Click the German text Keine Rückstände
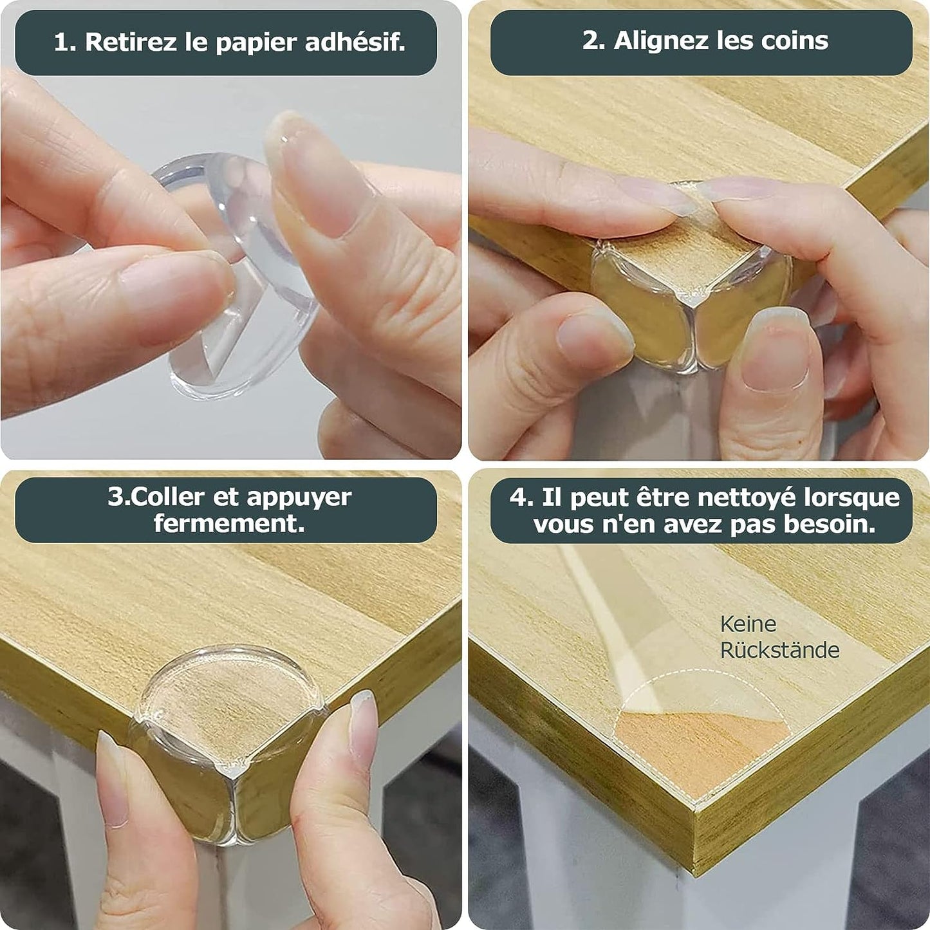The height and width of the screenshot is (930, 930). click(x=779, y=637)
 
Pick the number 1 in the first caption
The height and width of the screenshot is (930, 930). click(x=62, y=42)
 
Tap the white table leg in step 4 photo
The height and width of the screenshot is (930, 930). click(x=566, y=856)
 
